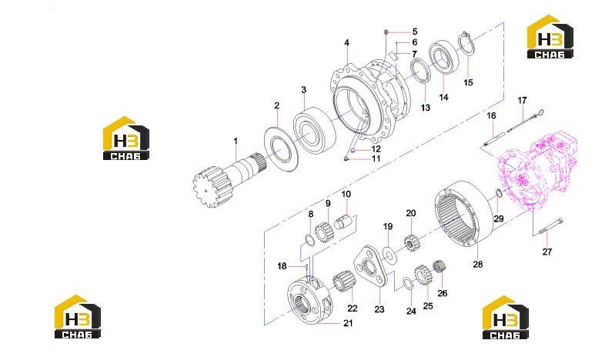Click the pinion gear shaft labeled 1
point(228,178)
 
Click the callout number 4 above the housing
point(346,43)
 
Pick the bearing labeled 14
point(443,56)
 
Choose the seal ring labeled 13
point(420,70)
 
